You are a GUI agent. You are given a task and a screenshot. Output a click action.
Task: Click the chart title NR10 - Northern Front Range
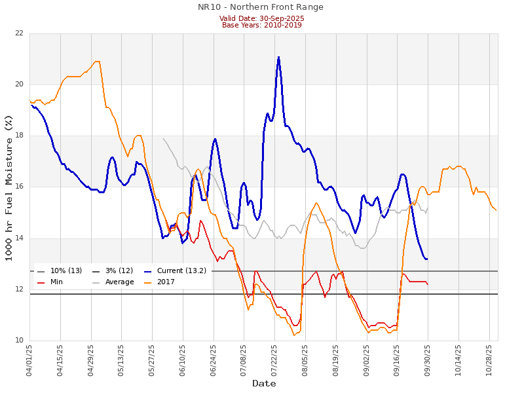click(x=261, y=7)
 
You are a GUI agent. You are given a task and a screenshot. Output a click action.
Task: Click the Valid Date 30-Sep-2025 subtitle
click(x=261, y=18)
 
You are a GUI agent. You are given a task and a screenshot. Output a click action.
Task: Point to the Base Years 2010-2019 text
click(x=261, y=25)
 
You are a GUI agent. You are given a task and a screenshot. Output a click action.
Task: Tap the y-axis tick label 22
click(x=18, y=33)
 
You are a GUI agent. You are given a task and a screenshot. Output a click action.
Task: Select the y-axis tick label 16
click(x=18, y=187)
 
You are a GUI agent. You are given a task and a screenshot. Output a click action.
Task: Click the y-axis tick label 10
click(x=18, y=340)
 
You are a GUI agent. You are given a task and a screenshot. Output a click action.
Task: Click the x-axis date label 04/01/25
click(x=29, y=359)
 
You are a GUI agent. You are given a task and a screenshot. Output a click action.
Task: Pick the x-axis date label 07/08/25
click(x=244, y=359)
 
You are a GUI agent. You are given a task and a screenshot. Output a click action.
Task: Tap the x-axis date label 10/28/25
click(x=489, y=359)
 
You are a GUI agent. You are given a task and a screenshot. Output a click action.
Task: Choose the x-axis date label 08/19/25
click(x=336, y=359)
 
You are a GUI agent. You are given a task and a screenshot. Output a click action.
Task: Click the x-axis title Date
click(x=264, y=383)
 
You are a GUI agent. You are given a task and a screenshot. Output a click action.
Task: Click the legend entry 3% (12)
click(x=119, y=271)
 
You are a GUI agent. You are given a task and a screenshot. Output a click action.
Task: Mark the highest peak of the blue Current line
click(x=278, y=57)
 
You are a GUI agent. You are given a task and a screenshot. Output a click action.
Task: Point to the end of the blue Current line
click(x=427, y=259)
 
